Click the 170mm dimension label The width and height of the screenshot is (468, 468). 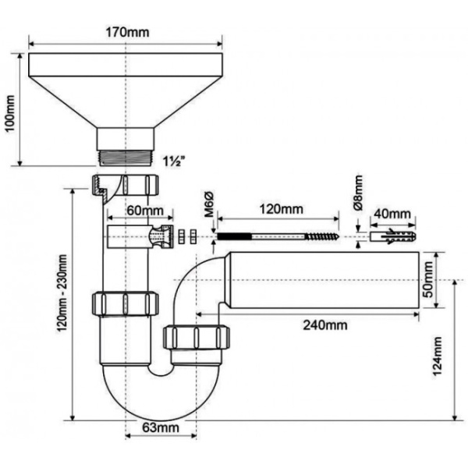click(126, 32)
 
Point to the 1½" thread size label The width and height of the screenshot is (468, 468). click(173, 161)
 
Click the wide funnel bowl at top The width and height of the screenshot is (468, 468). click(126, 86)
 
